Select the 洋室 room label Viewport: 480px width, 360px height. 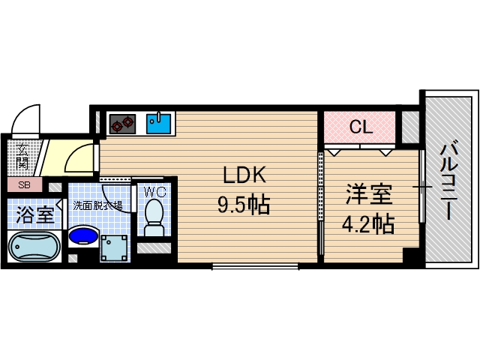[368, 193]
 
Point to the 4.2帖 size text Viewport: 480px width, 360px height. [368, 223]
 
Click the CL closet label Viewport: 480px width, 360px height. [361, 127]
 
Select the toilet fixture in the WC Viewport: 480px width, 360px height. [154, 214]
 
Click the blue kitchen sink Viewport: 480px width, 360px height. [159, 122]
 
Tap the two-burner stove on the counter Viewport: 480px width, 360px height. [122, 122]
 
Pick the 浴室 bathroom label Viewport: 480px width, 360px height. [35, 214]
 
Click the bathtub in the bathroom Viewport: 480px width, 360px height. [34, 245]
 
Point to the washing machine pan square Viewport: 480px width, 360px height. [115, 247]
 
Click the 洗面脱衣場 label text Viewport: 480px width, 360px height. [97, 205]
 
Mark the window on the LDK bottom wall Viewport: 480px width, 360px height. [255, 265]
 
